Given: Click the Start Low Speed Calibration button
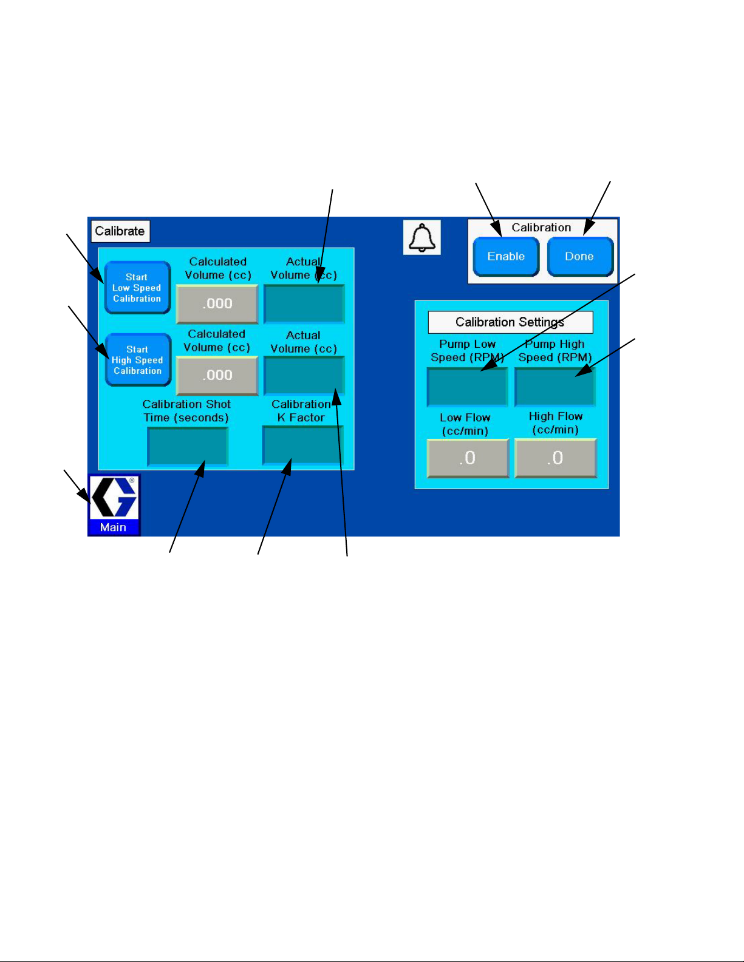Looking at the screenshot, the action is pos(137,288).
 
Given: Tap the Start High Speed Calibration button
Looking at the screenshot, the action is pos(138,360).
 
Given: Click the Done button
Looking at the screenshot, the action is pos(580,257).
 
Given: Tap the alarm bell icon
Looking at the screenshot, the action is pos(422,237).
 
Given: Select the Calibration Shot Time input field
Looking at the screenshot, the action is pos(188,446).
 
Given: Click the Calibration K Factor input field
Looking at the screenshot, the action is pos(302,445).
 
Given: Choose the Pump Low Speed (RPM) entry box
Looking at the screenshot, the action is pos(467,387).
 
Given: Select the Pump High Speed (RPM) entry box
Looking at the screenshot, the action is pos(555,387).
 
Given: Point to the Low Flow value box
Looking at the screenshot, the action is pos(468,458).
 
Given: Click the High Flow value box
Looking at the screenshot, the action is pos(555,458).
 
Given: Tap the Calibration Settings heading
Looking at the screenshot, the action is pos(510,322).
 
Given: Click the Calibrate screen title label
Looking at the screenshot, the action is pos(120,231).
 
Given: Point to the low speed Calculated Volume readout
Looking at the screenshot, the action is pos(217,303).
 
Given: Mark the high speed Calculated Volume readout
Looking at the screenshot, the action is pos(217,375).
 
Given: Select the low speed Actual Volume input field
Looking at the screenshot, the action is pos(304,303).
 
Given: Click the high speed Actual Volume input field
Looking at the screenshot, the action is pos(304,375).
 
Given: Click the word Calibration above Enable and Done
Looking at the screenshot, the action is pos(541,228).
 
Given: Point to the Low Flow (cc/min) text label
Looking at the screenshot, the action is pos(465,424).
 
